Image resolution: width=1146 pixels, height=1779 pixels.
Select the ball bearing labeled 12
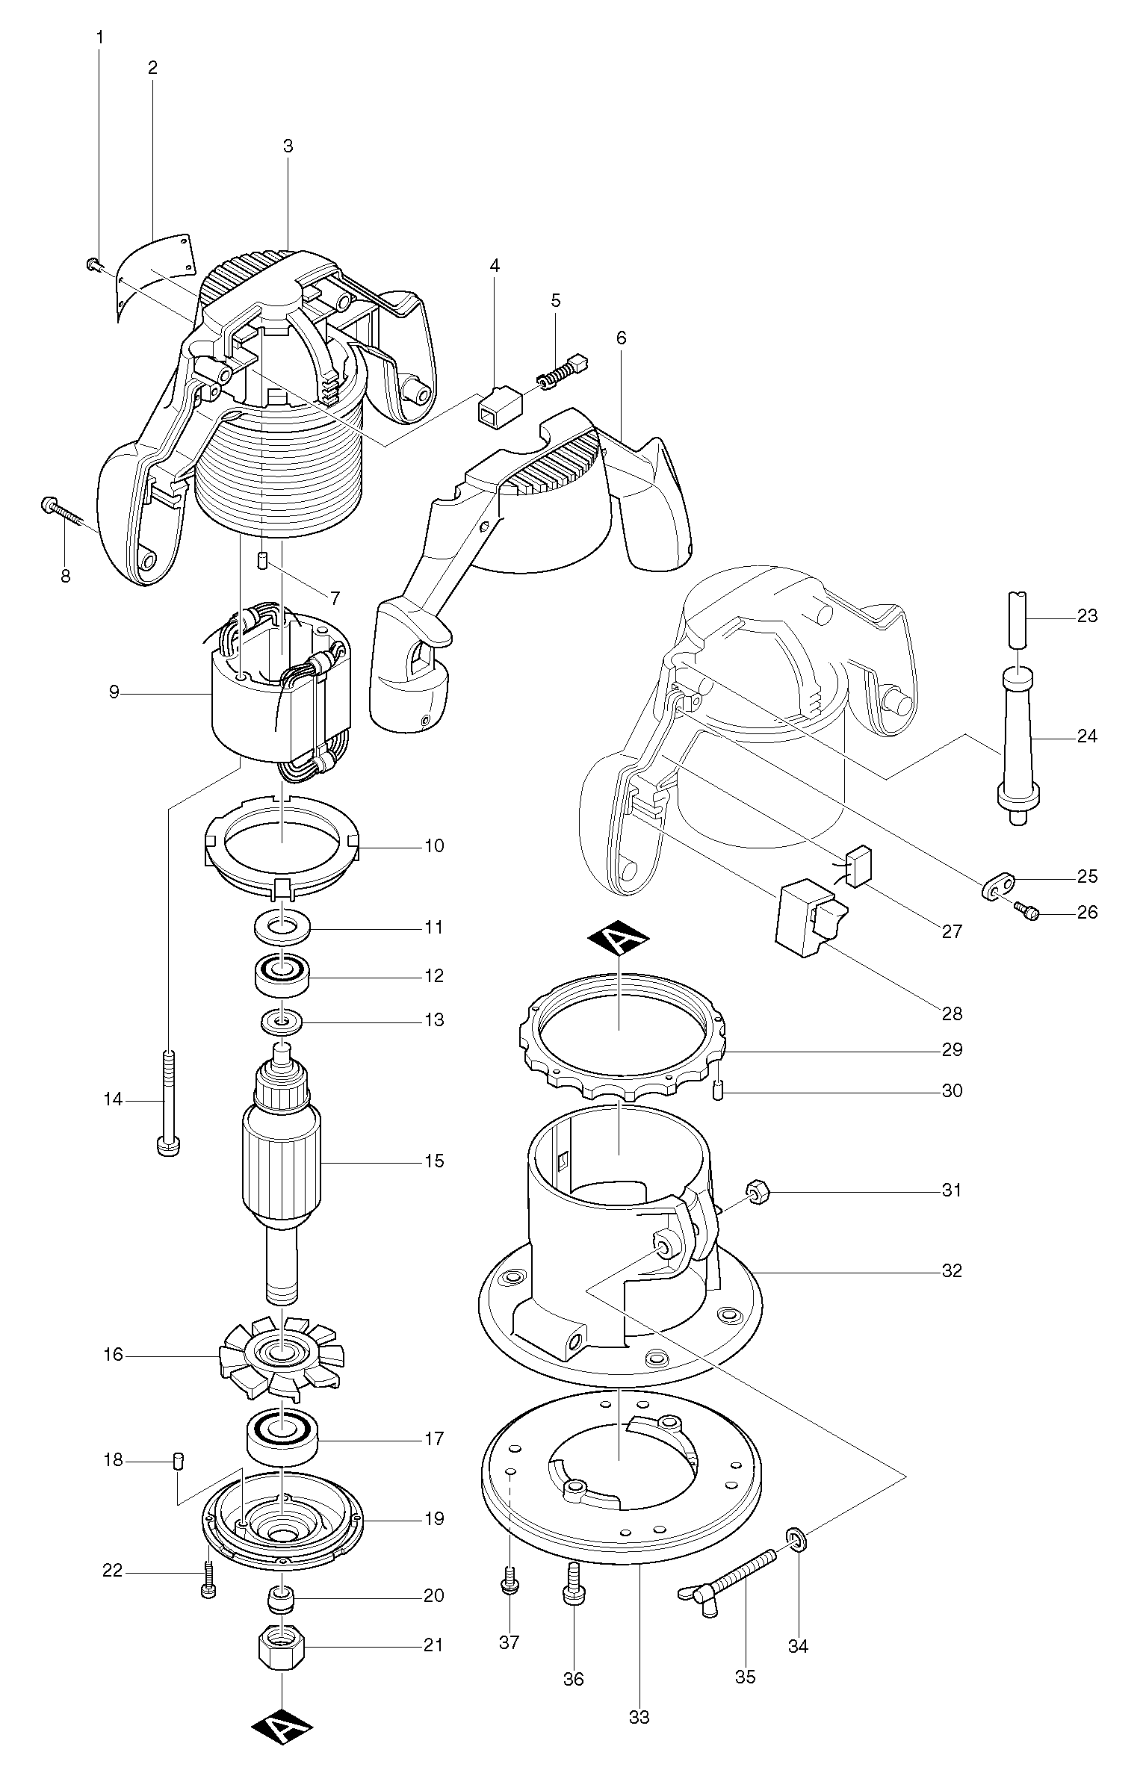point(282,973)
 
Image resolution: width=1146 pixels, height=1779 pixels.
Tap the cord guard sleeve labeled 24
point(1018,739)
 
